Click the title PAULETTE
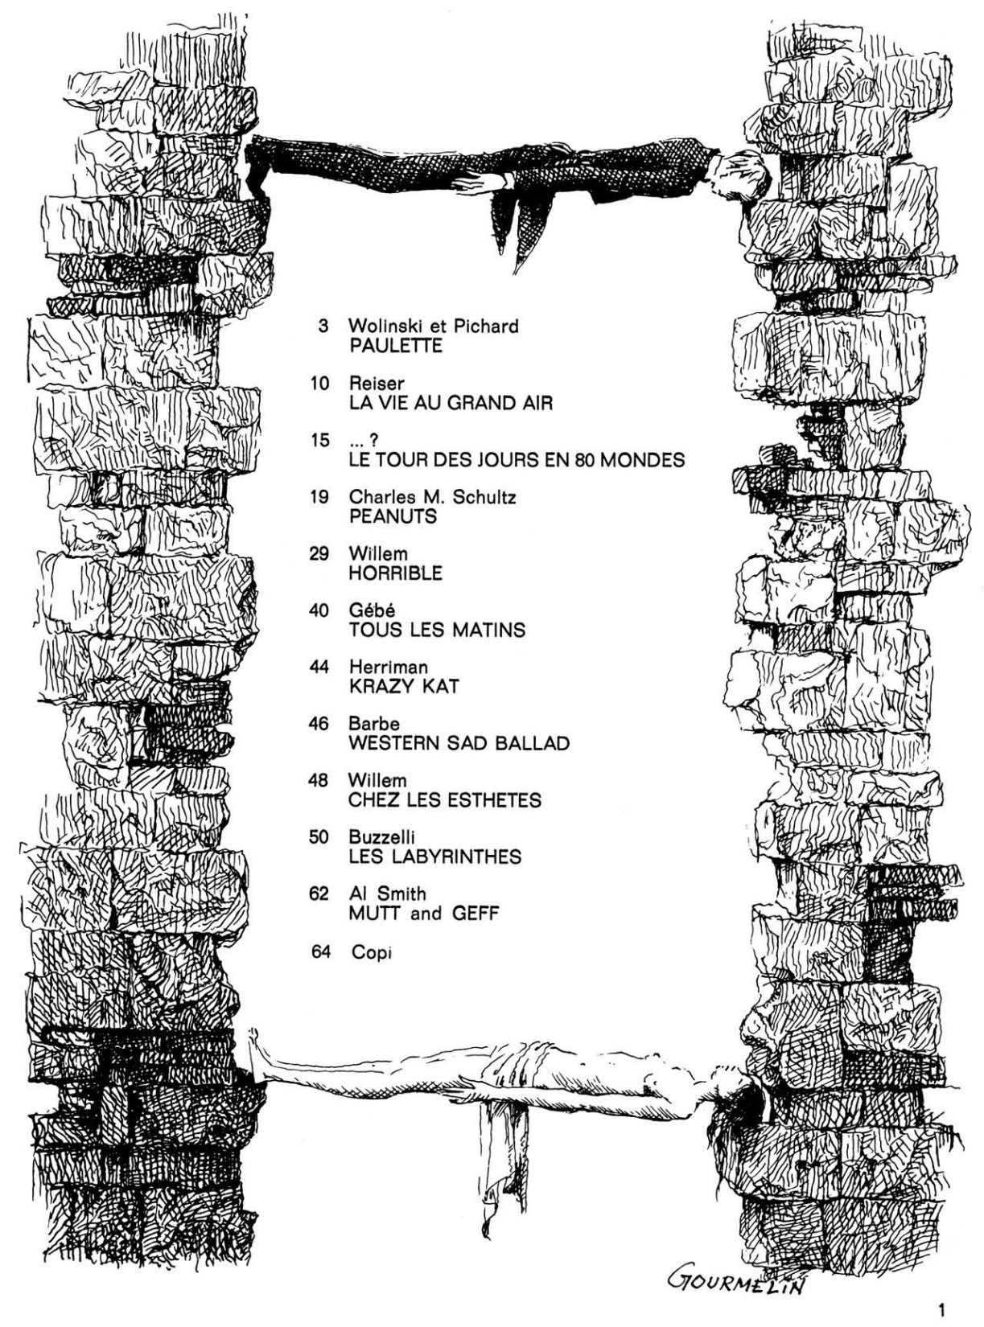click(396, 346)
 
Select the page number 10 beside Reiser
click(320, 384)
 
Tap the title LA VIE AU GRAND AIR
click(451, 403)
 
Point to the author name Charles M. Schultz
click(432, 497)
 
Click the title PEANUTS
click(393, 516)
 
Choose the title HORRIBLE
click(396, 573)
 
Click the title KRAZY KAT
click(404, 686)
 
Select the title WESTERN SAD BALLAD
click(459, 743)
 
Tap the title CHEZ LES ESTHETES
click(445, 800)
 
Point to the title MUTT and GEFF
click(424, 914)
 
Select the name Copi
click(372, 952)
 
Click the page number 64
click(321, 952)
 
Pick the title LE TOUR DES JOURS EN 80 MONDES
click(517, 460)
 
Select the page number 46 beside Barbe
click(319, 724)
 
